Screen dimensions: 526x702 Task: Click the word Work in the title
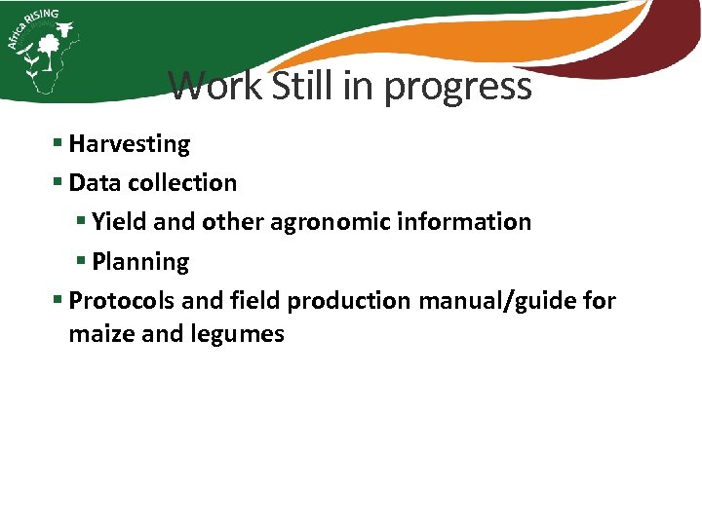215,86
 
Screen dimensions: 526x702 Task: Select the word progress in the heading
457,88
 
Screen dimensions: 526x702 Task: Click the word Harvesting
130,144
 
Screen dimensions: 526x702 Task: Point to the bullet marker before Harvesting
58,144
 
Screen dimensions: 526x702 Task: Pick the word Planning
140,262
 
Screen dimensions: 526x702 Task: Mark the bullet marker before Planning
82,262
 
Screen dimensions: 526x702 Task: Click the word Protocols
122,301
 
